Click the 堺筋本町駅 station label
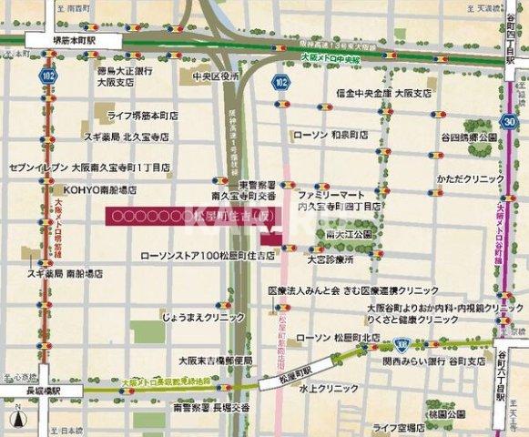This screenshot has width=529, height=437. [x=63, y=41]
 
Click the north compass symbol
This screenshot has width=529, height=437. [x=16, y=420]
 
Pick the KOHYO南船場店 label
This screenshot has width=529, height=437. [x=101, y=190]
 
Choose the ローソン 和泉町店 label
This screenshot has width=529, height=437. [x=331, y=134]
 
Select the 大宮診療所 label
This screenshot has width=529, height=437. [x=331, y=259]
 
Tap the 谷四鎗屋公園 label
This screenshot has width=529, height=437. [x=470, y=137]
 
